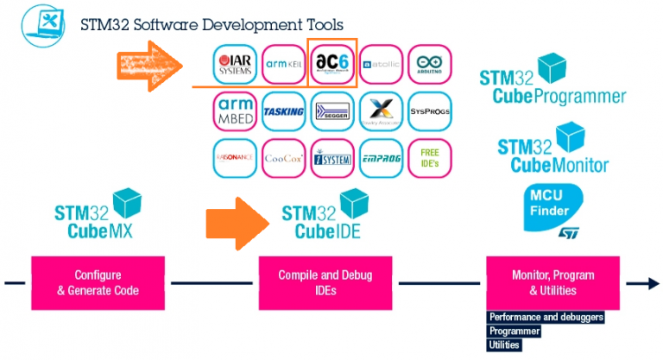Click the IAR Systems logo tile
click(x=234, y=64)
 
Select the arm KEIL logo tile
click(x=283, y=64)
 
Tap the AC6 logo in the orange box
click(x=332, y=63)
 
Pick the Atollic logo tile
click(x=381, y=64)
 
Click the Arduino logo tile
click(x=429, y=64)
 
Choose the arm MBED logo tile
click(x=234, y=111)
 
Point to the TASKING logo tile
click(x=283, y=111)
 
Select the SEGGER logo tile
click(x=332, y=111)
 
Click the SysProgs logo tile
click(x=429, y=111)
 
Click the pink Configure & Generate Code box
click(x=98, y=282)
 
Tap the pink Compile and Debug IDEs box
click(x=325, y=282)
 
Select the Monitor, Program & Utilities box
click(x=552, y=282)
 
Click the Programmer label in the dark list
click(x=515, y=331)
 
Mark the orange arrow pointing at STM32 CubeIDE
click(x=238, y=220)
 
